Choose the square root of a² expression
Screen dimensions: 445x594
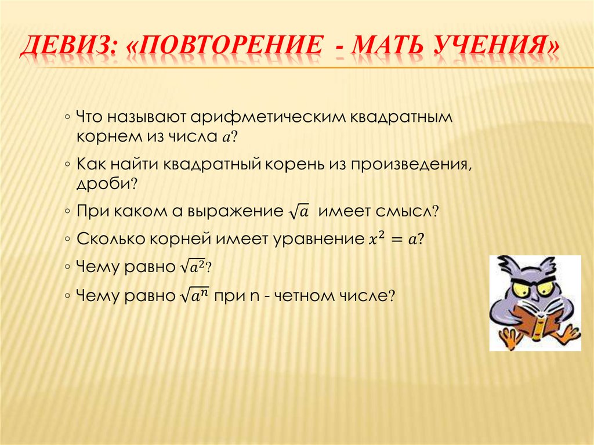pyautogui.click(x=193, y=267)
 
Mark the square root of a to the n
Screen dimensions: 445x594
pyautogui.click(x=194, y=295)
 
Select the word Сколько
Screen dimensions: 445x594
pyautogui.click(x=107, y=239)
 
